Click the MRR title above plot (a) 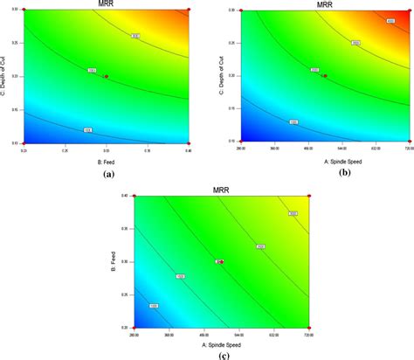pos(107,3)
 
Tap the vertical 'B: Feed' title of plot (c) pos(114,261)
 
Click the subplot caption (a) pos(108,174)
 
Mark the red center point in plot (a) pos(107,76)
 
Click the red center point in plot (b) pos(323,76)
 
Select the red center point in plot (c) pos(221,261)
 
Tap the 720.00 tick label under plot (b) pos(407,148)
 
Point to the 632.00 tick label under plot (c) pos(273,334)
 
